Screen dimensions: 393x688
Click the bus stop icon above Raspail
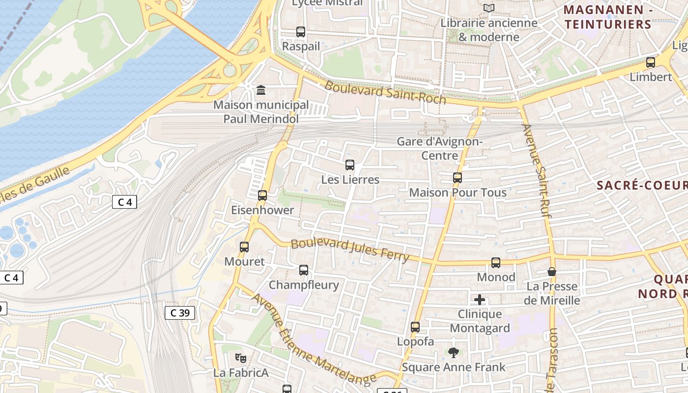tap(301, 32)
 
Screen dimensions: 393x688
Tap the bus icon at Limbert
tap(651, 62)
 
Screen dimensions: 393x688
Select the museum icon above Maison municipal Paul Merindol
tap(261, 90)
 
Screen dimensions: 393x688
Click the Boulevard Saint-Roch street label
tap(385, 92)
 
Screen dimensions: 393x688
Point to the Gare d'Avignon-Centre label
tap(440, 148)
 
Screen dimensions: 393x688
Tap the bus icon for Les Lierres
tap(350, 165)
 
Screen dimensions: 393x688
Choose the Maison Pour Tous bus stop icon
tap(458, 178)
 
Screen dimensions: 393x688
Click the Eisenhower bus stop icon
tap(262, 196)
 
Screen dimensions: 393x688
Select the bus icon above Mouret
tap(244, 247)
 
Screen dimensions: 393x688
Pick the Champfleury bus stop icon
tap(304, 270)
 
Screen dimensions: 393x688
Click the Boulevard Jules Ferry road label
tap(350, 250)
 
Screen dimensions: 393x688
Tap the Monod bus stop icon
tap(496, 263)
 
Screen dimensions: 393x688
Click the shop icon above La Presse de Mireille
tap(552, 272)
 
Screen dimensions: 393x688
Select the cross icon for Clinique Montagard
tap(480, 300)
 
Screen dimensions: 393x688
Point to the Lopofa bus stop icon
tap(415, 327)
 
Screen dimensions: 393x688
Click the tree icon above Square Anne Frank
tap(453, 352)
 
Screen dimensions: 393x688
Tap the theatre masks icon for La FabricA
tap(240, 358)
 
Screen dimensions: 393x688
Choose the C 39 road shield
tap(180, 312)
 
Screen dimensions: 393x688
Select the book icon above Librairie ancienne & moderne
tap(488, 8)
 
